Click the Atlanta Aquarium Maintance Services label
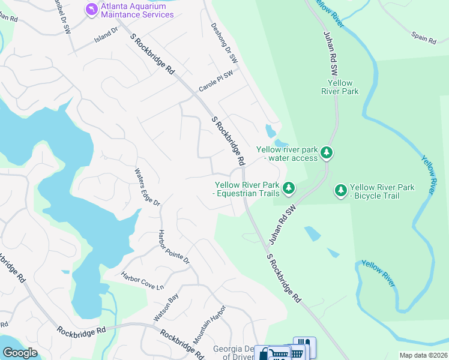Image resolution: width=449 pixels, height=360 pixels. pos(138,10)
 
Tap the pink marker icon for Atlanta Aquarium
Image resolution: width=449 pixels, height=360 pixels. pos(91,10)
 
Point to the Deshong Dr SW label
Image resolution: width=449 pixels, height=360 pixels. pos(224,44)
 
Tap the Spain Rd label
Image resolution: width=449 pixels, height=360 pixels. pos(423,38)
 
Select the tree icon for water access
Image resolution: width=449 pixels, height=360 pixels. pos(326,153)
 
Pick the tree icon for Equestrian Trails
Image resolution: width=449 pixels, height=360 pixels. pos(289,189)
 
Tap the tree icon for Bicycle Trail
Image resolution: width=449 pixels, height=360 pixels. pos(341,190)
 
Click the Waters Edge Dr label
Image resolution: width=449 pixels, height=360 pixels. pos(147,187)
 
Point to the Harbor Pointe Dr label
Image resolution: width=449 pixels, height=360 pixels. pos(173,247)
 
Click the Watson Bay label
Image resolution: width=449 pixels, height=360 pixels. pos(166,306)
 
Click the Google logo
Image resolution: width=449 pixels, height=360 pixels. pos(20,352)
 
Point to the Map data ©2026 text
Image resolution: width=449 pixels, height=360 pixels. pos(423,355)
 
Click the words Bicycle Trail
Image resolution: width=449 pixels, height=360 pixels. pos(382,196)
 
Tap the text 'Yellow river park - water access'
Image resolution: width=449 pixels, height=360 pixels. pos(287,154)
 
